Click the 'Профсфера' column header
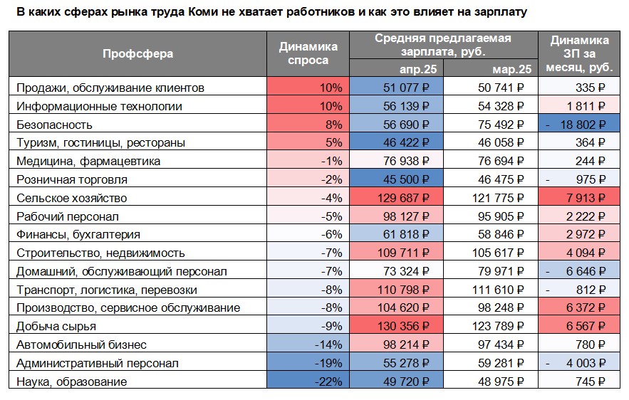tap(137, 53)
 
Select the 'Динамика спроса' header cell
tap(307, 53)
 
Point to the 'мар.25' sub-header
tap(512, 69)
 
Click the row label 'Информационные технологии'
tap(99, 107)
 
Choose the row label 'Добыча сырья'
tap(56, 327)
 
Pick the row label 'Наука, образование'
tap(71, 382)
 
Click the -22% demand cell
tap(307, 382)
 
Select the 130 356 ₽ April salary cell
tap(397, 327)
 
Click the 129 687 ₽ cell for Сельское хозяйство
tap(397, 199)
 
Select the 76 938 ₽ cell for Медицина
tap(397, 162)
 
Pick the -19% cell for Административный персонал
tap(307, 364)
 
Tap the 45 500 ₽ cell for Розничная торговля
tap(397, 180)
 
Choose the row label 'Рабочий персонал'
tap(67, 216)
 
